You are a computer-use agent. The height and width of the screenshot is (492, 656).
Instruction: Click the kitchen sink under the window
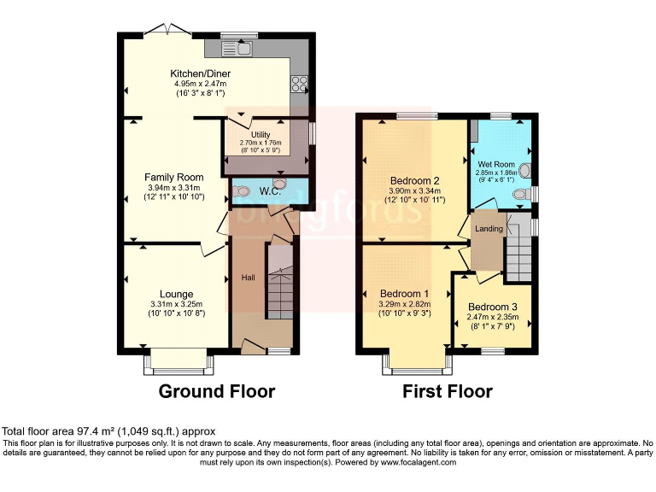coord(243,48)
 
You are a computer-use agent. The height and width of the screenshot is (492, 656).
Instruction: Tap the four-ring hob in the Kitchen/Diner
coord(301,83)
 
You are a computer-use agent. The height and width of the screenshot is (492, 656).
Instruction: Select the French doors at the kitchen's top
coord(168,30)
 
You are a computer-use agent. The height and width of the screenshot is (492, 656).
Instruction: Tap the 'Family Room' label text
coord(173,178)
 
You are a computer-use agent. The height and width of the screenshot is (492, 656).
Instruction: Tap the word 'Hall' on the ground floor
coord(248,278)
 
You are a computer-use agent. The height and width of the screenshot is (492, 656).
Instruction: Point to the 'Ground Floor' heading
coord(217,391)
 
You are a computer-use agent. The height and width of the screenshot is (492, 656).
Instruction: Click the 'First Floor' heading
coord(448,391)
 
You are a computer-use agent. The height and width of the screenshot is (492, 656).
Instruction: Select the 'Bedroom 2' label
coord(414,180)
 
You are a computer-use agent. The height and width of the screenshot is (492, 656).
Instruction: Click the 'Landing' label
coord(489,228)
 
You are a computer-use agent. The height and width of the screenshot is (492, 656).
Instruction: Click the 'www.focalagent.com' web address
coord(410,462)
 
